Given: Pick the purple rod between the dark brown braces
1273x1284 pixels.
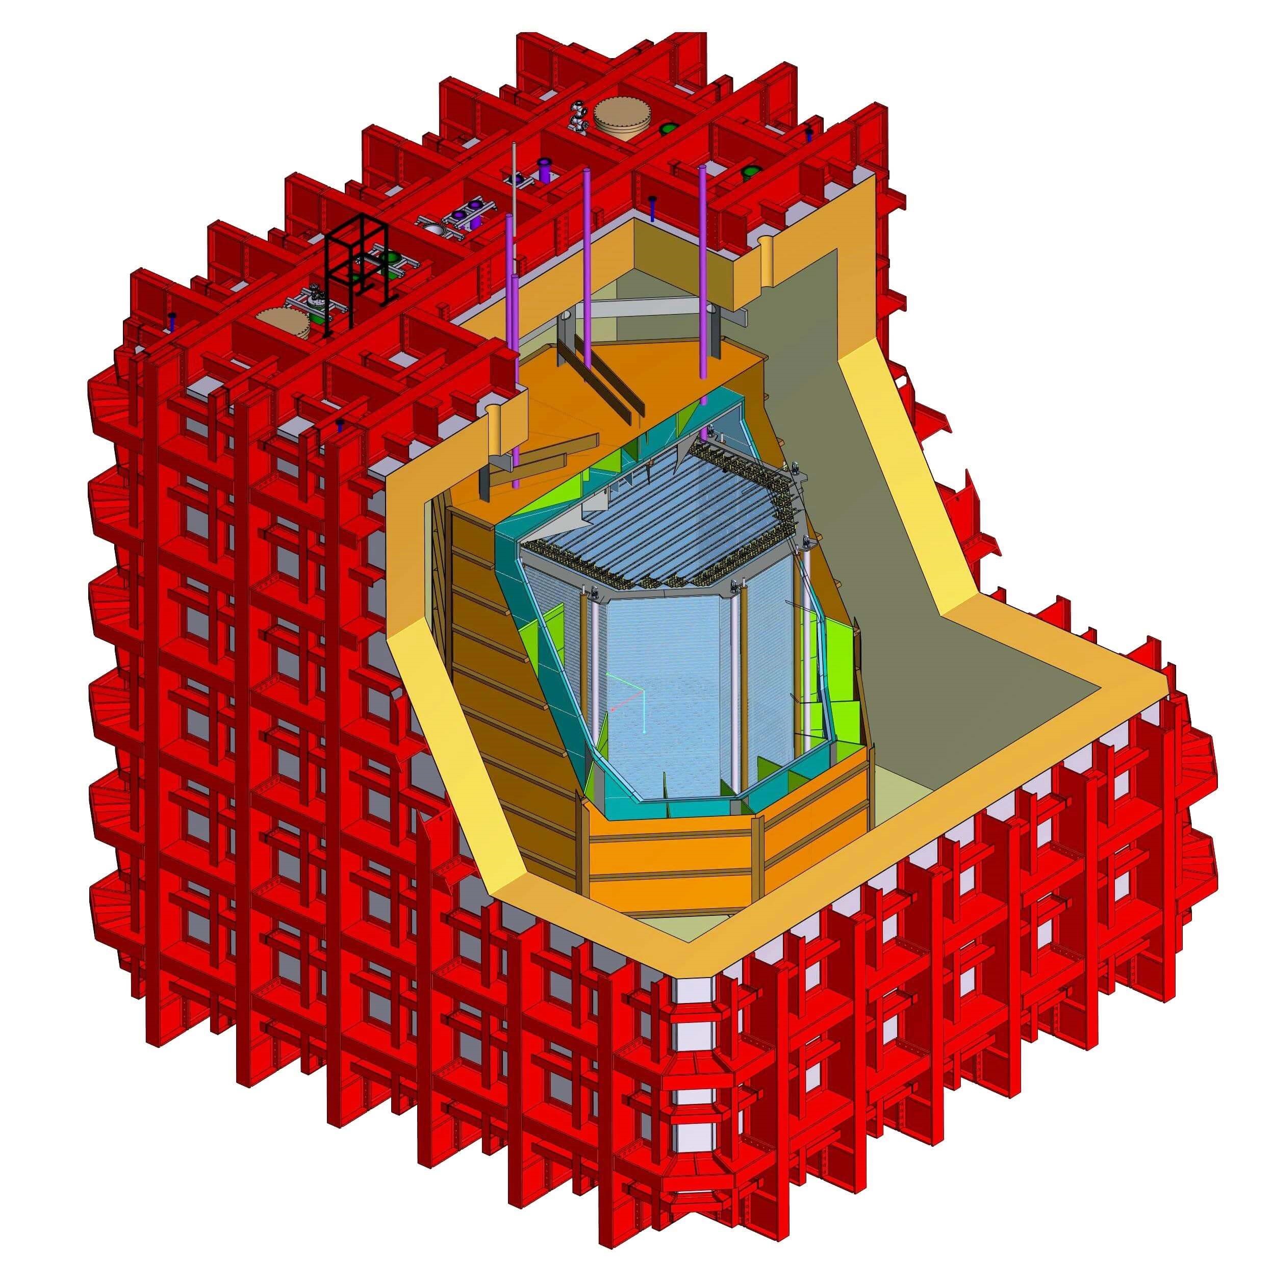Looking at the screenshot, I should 588,266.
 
